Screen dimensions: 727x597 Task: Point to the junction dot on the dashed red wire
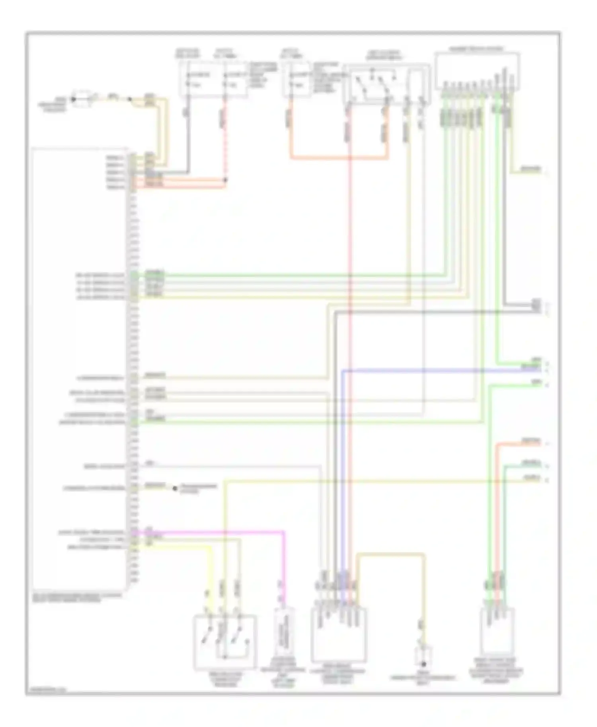click(x=225, y=180)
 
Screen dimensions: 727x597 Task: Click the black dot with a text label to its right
click(x=175, y=488)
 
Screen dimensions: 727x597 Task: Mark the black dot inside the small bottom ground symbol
click(x=423, y=664)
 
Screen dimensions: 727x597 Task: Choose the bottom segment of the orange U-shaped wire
click(x=338, y=159)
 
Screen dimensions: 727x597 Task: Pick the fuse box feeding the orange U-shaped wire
click(x=297, y=80)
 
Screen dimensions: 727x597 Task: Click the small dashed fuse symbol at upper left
click(x=82, y=99)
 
